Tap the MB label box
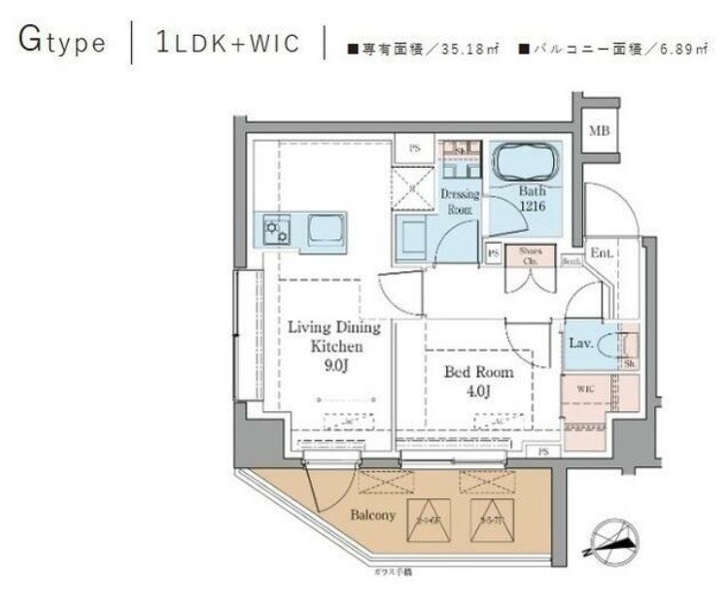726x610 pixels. point(599,131)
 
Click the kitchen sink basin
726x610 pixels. point(325,230)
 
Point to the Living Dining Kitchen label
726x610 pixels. point(334,336)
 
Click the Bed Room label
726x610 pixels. point(479,372)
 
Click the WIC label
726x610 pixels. point(585,389)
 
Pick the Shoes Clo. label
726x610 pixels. point(530,254)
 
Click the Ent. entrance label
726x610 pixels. point(601,254)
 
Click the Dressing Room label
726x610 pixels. point(460,201)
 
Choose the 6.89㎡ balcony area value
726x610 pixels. point(677,49)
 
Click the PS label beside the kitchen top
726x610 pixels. point(414,149)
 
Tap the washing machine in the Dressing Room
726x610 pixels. point(412,237)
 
